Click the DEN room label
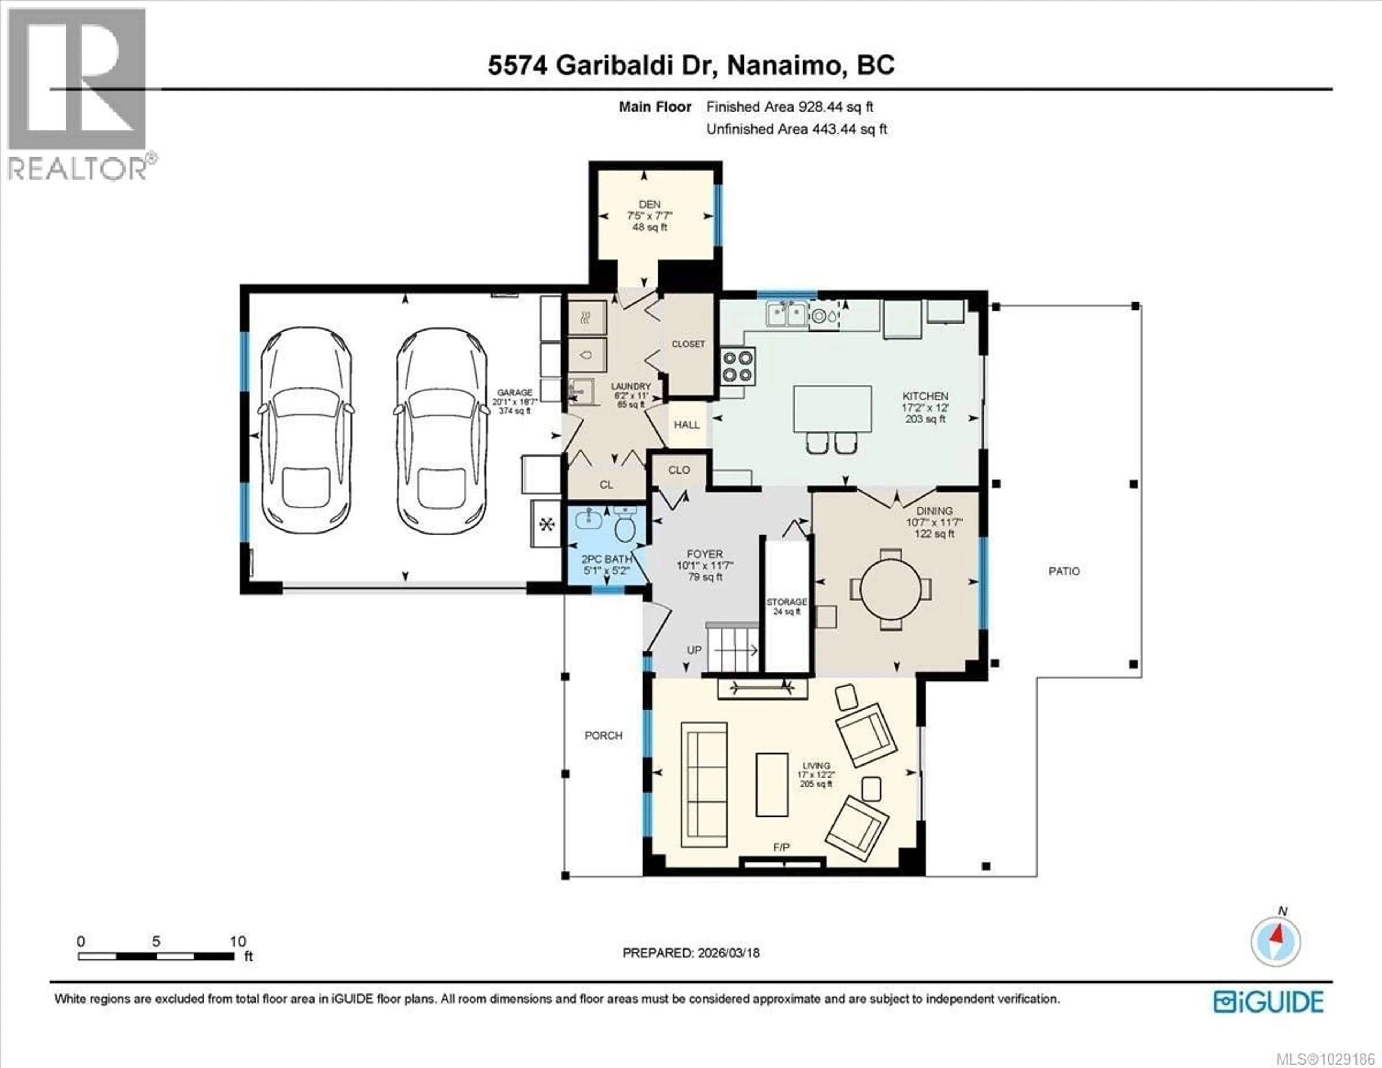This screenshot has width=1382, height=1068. (x=649, y=205)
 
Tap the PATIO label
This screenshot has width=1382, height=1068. (x=1064, y=571)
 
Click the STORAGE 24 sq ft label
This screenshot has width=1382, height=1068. (x=786, y=606)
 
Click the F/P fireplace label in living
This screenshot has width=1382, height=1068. (x=781, y=847)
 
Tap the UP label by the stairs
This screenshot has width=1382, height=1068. (x=694, y=650)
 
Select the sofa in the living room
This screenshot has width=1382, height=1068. (x=704, y=784)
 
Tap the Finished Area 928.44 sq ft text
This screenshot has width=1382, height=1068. (x=789, y=107)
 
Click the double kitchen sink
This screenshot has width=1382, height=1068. (x=786, y=314)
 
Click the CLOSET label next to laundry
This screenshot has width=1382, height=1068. (x=688, y=344)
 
